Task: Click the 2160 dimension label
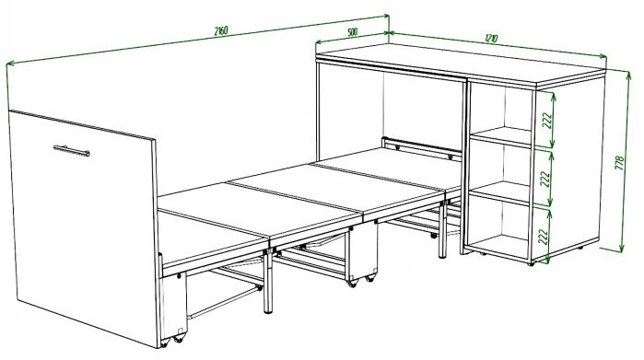tap(221, 30)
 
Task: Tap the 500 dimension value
tap(353, 31)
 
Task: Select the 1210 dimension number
tap(491, 38)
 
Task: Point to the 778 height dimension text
tap(619, 163)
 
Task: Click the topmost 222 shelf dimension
tap(547, 121)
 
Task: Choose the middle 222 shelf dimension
tap(545, 179)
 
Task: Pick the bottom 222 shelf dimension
tap(543, 237)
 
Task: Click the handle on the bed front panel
tap(72, 151)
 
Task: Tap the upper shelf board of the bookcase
tap(501, 136)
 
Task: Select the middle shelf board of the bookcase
tap(499, 192)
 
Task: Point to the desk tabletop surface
tap(460, 64)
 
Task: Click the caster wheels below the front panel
tap(172, 339)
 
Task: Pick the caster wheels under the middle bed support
tap(361, 280)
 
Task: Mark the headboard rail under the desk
tap(422, 148)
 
